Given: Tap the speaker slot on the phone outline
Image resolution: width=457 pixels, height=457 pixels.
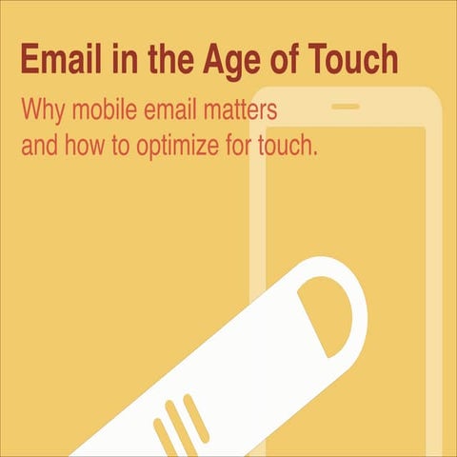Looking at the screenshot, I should coord(346,107).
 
